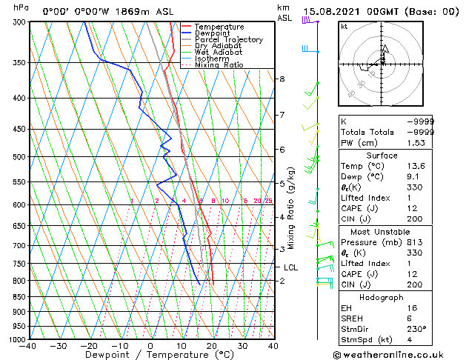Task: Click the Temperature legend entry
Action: [219, 27]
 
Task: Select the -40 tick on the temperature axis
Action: [29, 346]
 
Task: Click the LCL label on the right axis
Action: [290, 267]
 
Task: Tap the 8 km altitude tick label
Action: [282, 79]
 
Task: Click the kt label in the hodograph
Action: [344, 27]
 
